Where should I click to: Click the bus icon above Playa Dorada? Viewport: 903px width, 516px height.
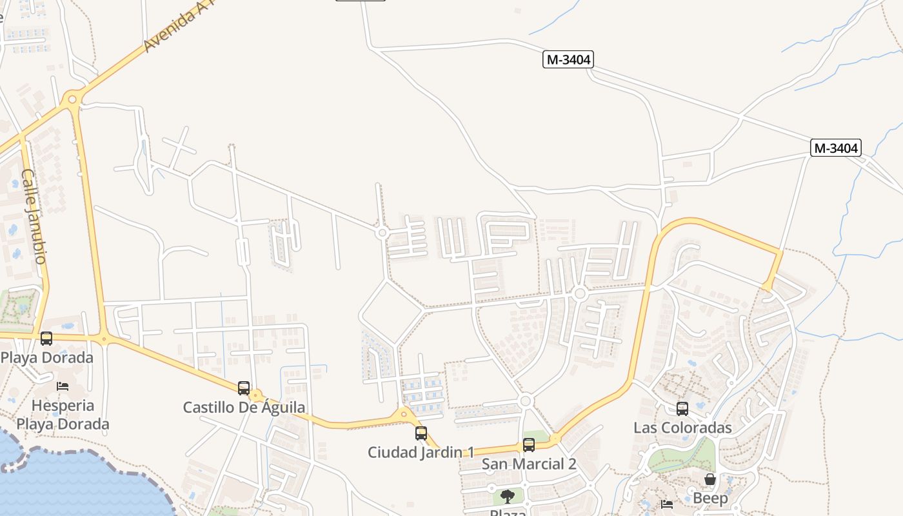point(46,338)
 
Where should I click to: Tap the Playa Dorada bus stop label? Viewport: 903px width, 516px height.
point(47,357)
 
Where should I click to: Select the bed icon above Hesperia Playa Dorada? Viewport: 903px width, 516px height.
point(63,386)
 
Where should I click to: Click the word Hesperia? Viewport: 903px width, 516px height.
point(63,406)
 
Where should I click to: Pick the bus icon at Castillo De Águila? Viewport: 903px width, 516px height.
point(244,388)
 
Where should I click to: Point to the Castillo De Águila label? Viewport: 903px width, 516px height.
point(244,408)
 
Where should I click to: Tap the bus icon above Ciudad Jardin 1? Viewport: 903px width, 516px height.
point(421,433)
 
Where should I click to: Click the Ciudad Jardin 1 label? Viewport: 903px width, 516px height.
point(421,453)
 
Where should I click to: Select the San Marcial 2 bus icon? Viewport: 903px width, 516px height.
point(529,444)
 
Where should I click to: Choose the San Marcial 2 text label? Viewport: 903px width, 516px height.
point(529,464)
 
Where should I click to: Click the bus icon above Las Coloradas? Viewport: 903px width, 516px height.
point(682,408)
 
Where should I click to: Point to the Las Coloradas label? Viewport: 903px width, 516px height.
point(682,428)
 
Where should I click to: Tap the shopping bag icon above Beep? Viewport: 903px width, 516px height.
point(710,479)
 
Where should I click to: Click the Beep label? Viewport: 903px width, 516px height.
point(710,499)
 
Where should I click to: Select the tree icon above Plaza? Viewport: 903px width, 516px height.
point(508,496)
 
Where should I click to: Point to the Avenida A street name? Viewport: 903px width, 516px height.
point(169,29)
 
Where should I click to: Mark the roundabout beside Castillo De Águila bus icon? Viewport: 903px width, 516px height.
point(256,395)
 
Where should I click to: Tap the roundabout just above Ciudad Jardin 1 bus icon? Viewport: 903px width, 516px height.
point(404,414)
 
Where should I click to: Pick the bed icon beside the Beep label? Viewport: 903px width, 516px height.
point(667,504)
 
